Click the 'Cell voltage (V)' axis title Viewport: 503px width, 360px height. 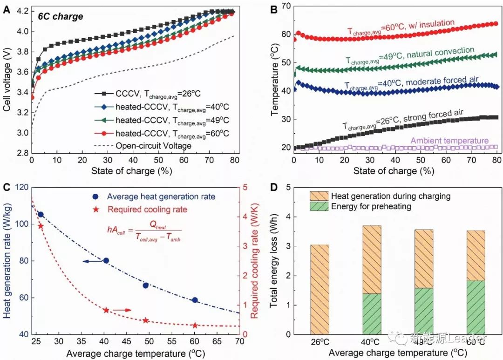[7, 82]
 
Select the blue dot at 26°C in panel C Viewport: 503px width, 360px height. [41, 215]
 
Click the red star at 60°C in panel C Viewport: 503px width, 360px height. [195, 326]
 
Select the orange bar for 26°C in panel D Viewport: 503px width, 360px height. [317, 289]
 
